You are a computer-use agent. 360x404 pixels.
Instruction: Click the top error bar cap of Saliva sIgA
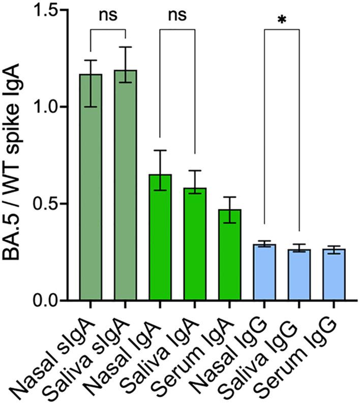(125, 47)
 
